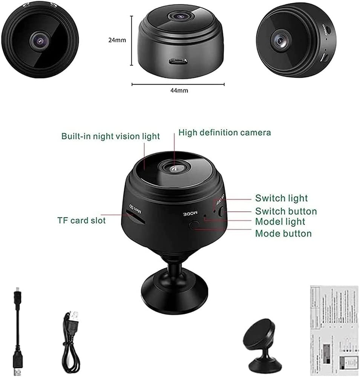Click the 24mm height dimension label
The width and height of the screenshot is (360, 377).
click(x=117, y=40)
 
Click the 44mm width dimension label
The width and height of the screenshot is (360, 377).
click(x=178, y=90)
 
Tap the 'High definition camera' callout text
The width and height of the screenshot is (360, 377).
click(x=224, y=133)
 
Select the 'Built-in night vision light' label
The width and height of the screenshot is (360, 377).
click(x=111, y=136)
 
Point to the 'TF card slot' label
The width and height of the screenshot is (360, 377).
click(x=81, y=220)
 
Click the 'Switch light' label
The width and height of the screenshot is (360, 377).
click(x=281, y=198)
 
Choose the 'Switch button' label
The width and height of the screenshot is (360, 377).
click(x=286, y=211)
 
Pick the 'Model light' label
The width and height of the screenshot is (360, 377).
click(x=280, y=222)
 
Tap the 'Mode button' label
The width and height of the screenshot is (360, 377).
click(x=283, y=233)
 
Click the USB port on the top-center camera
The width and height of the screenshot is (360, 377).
click(x=177, y=61)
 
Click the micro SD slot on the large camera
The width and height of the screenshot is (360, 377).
click(x=135, y=218)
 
